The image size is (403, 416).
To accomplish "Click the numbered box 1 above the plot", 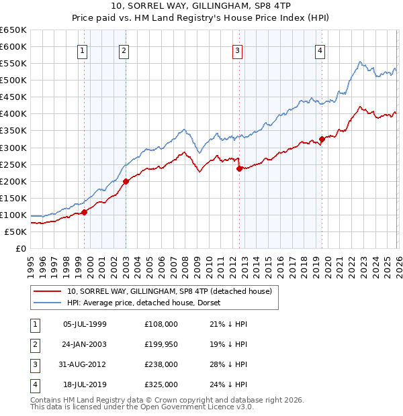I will [82, 50].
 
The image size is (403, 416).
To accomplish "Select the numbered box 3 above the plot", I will [238, 50].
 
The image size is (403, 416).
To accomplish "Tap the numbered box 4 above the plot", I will [320, 50].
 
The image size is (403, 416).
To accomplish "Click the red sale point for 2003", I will [126, 180].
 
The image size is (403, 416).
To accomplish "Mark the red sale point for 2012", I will [239, 168].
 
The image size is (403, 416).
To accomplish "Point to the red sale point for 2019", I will [322, 140].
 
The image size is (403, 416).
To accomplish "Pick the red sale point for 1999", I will [85, 212].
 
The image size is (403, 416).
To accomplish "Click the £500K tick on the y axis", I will [13, 80].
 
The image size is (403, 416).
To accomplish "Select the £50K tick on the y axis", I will [15, 231].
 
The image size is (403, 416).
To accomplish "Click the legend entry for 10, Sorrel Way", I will [169, 291].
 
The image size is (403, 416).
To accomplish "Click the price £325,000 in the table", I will [161, 384].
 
